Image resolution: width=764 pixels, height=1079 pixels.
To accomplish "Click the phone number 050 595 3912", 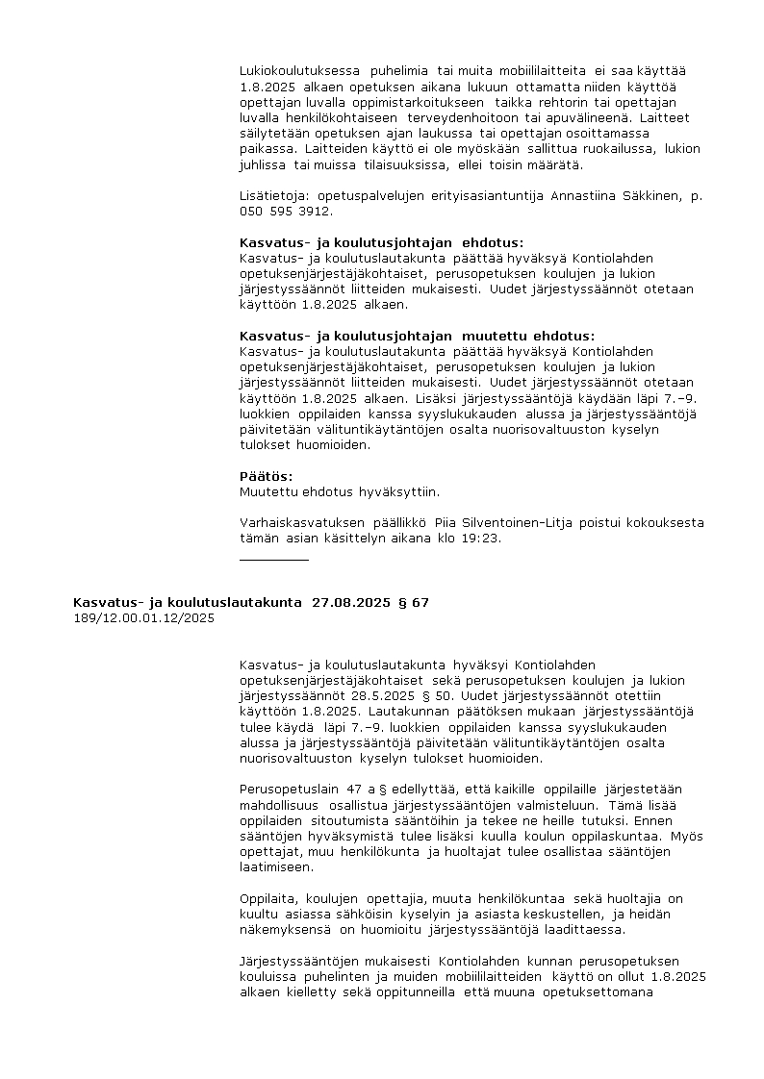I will tap(287, 212).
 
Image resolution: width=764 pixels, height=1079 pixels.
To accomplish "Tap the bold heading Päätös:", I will tap(267, 477).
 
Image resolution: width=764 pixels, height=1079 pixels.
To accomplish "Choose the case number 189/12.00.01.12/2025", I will tap(143, 618).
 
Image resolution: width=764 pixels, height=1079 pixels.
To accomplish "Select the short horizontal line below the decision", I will tap(274, 559).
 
